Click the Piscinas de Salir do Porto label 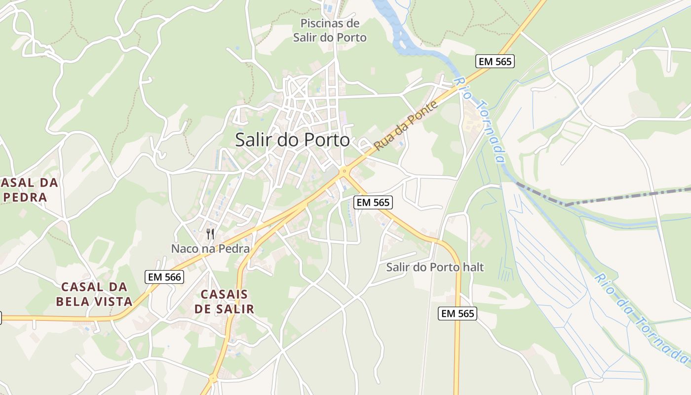tap(330, 30)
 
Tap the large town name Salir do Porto tap(292, 140)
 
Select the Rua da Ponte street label tap(406, 126)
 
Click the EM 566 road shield tap(165, 277)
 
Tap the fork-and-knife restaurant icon tap(210, 234)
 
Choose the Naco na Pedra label tap(210, 248)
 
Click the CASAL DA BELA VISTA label tap(94, 294)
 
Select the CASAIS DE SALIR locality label tap(224, 302)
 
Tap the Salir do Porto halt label tap(435, 267)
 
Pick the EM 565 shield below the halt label tap(458, 313)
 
